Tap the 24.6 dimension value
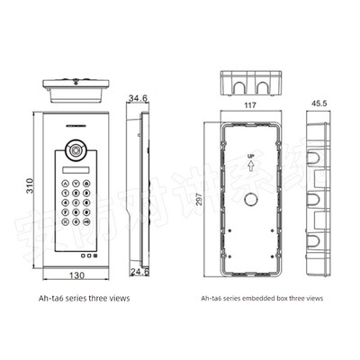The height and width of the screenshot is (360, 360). point(139,271)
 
